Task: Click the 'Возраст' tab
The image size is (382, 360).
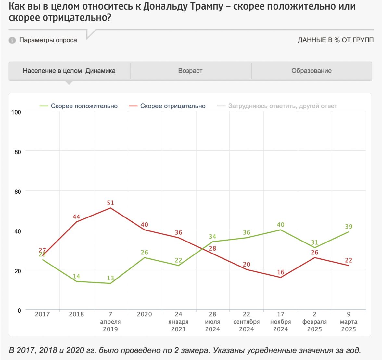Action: coord(190,71)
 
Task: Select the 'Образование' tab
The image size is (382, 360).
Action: coord(311,71)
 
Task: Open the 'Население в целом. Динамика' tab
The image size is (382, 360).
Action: coord(69,71)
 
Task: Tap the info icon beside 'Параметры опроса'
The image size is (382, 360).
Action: coord(12,40)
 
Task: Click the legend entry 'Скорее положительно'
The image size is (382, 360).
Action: coord(84,106)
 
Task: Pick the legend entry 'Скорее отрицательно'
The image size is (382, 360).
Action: coord(172,106)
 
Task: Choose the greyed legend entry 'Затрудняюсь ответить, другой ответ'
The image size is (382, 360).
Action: coord(282,106)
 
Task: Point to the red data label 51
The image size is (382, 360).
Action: coord(110,203)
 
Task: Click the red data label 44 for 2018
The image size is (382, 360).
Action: coord(76,217)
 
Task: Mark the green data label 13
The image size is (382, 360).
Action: coord(110,278)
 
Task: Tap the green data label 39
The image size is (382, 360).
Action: coord(349,227)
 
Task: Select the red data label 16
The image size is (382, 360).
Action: coord(281,272)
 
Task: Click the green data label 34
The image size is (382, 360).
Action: coord(212,237)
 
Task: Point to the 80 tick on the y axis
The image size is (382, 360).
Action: coord(18,152)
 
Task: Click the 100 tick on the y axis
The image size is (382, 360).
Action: coord(16,112)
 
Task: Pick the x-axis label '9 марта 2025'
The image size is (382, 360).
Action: coord(349,322)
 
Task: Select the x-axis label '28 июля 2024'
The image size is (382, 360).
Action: coord(212,322)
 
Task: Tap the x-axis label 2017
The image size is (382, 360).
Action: coord(42,314)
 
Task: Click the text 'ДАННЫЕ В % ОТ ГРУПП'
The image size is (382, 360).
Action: coord(336,40)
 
